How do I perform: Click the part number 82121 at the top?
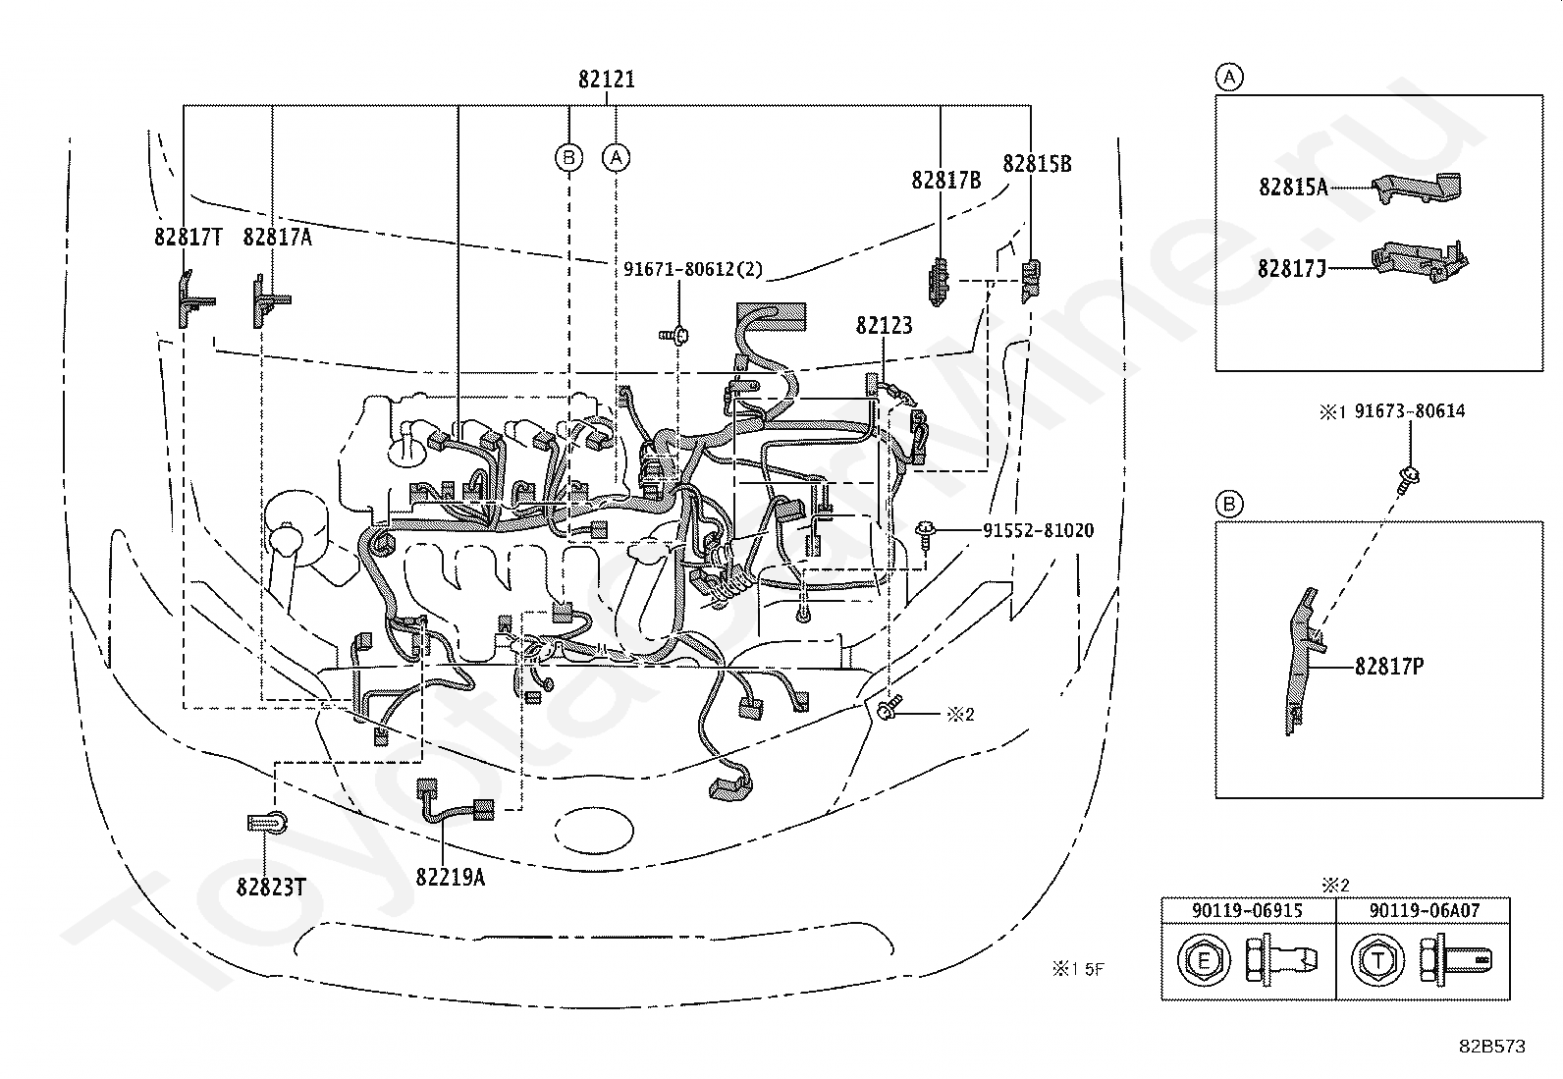click(607, 80)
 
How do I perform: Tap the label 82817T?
click(188, 238)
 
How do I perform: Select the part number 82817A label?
click(277, 238)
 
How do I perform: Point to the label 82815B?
click(1037, 164)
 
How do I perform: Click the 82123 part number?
click(884, 325)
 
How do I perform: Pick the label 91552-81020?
click(1039, 530)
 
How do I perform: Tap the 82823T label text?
click(271, 888)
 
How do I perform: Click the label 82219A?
click(450, 877)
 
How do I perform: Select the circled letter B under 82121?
click(568, 158)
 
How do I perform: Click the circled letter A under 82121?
click(616, 158)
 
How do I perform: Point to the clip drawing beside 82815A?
click(1417, 188)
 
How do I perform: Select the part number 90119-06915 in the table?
click(1247, 910)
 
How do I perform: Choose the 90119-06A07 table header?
click(1425, 910)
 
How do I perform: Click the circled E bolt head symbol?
click(1203, 960)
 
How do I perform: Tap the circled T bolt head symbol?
click(1377, 960)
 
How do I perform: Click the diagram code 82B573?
click(1492, 1047)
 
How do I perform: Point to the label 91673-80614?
click(1410, 411)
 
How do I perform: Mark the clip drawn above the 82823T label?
click(266, 823)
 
